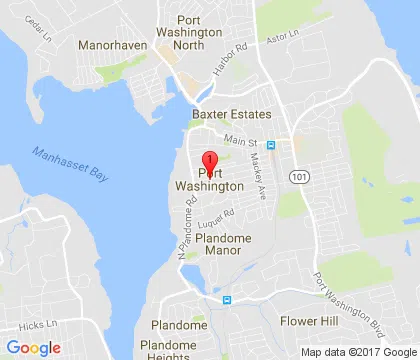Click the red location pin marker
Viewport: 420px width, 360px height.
209,163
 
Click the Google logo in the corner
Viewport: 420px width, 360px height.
33,348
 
